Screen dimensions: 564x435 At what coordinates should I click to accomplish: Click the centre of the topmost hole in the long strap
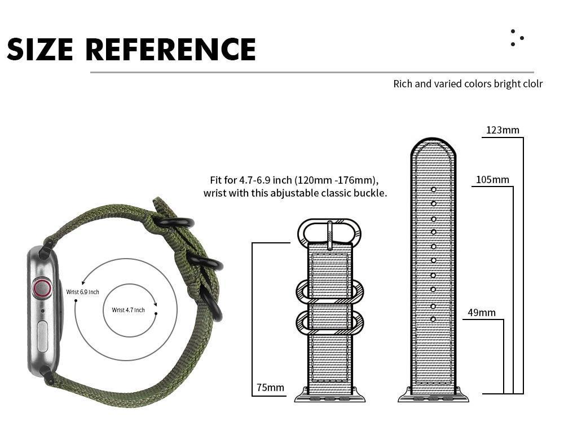coord(433,189)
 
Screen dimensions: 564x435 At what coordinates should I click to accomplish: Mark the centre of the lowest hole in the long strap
coord(433,319)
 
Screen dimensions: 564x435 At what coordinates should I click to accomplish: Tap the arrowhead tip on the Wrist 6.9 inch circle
coord(82,285)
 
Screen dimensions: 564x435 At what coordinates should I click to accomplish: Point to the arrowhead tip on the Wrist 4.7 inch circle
coord(156,306)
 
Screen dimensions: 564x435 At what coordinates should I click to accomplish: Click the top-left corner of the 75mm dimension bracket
coord(252,243)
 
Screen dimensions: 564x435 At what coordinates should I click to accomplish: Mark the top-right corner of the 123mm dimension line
coord(523,137)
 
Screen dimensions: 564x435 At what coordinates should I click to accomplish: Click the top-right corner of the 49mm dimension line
coord(504,319)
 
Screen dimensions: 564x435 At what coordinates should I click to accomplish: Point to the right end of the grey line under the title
coord(534,72)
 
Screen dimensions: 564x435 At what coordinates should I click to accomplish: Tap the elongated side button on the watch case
coord(42,336)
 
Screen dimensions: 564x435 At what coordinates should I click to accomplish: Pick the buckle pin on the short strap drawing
coord(329,235)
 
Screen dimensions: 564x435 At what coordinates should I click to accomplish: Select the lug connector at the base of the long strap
coord(433,394)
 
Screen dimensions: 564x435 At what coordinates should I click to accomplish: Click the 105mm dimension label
coord(492,179)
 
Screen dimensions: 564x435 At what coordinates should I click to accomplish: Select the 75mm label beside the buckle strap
coord(270,388)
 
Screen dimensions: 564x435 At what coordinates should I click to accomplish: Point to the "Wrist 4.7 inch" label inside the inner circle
coord(128,310)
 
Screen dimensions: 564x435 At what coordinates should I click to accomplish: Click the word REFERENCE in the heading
coord(170,49)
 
